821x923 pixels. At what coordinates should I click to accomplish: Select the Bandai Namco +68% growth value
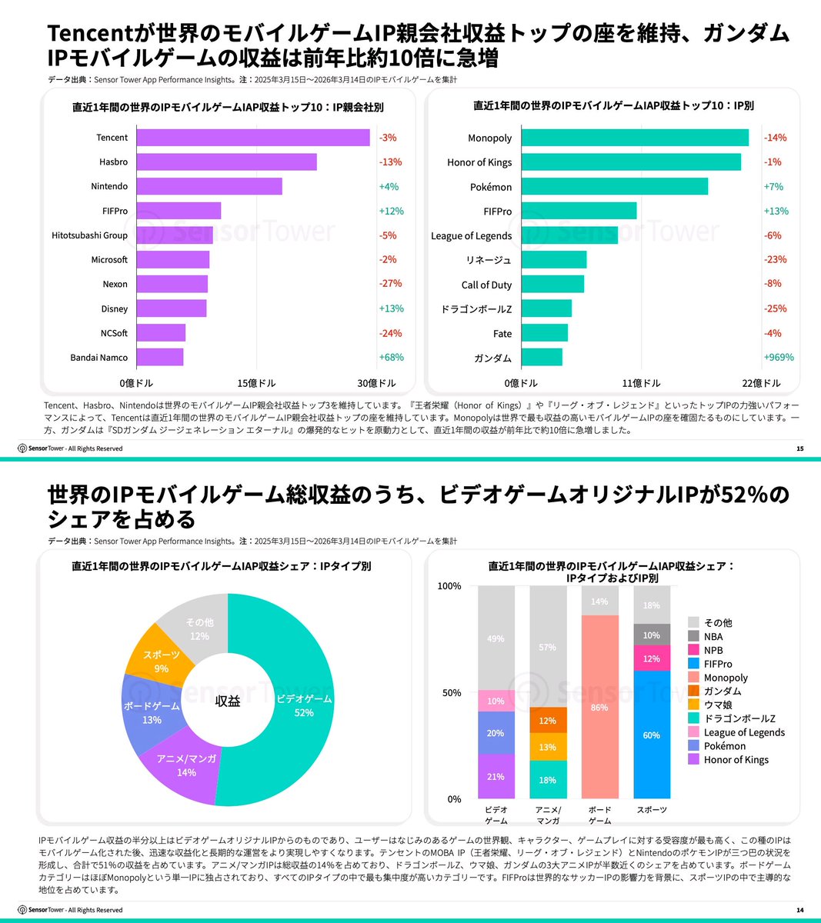(391, 358)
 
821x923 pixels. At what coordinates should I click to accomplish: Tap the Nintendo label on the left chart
(109, 186)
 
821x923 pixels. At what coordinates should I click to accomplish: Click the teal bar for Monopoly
(635, 138)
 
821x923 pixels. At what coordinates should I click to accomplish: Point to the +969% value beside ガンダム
(778, 358)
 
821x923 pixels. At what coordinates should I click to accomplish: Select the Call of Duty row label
(486, 285)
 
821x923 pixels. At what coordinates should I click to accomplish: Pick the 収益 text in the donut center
(228, 701)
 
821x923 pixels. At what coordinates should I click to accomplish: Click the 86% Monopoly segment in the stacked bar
(599, 707)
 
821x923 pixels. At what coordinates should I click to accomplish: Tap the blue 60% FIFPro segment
(652, 735)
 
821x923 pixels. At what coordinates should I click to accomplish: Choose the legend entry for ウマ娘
(717, 705)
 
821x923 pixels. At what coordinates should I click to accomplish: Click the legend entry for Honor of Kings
(735, 760)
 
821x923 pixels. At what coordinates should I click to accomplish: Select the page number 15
(799, 448)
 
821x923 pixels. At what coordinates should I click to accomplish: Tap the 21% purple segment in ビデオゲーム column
(496, 776)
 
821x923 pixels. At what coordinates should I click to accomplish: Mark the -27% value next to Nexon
(390, 284)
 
